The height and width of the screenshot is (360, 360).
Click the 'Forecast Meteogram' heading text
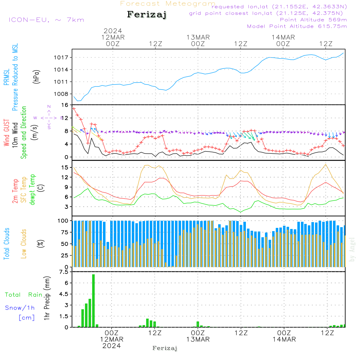tap(168, 4)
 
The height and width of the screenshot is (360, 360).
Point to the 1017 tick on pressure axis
tap(63, 58)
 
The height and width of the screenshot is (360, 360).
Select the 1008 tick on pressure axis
tap(63, 94)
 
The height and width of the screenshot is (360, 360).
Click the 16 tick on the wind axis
tap(65, 105)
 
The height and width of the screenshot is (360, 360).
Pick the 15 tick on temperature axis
tap(65, 167)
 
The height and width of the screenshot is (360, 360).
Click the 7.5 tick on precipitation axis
tap(63, 272)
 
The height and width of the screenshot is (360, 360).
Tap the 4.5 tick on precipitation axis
tap(63, 294)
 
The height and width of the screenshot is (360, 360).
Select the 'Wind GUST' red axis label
tap(6, 133)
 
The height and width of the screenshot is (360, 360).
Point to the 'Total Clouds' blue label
tap(6, 244)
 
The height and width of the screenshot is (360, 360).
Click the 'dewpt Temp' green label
tap(32, 190)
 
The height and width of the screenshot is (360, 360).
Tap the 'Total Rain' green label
tap(23, 294)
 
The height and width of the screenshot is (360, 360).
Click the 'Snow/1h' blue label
tap(20, 308)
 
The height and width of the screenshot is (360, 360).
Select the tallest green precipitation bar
tap(93, 301)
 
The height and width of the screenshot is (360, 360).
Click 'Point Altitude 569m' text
tap(313, 19)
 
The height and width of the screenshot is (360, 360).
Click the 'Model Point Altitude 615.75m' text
tap(297, 26)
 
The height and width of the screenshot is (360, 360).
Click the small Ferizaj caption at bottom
tap(165, 348)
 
